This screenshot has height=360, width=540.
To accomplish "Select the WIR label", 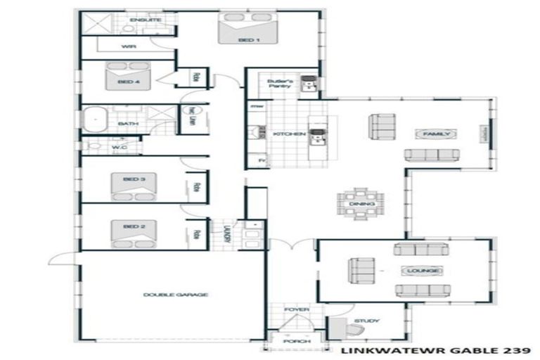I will [x=128, y=46].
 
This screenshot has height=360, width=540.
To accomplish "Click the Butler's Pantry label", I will [x=279, y=84].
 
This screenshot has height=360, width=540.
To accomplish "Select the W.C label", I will [x=118, y=147].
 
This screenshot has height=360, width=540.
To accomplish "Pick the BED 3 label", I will [x=134, y=179].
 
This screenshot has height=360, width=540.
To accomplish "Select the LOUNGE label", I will [x=421, y=270].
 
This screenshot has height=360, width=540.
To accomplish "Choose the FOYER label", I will [x=292, y=309].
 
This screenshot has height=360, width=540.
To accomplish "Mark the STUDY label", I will [x=366, y=321].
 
